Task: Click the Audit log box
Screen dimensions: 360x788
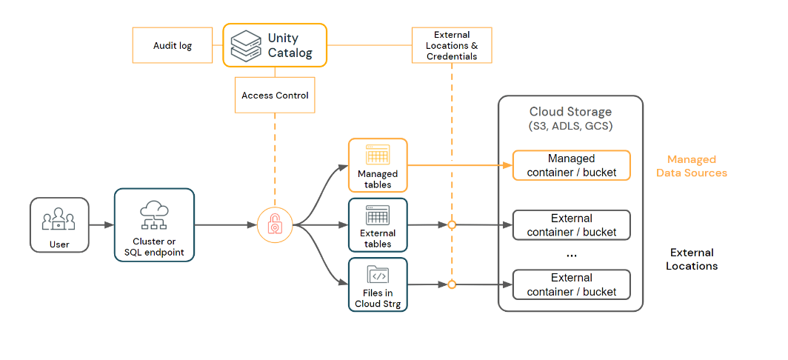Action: click(173, 45)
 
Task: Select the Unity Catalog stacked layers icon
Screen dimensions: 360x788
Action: click(245, 45)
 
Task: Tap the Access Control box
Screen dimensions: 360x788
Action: click(275, 96)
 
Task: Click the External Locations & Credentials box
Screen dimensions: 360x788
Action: click(452, 45)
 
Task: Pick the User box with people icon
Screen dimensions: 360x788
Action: click(59, 224)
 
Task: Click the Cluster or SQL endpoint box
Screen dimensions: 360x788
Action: click(154, 225)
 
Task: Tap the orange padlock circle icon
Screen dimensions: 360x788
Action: click(275, 224)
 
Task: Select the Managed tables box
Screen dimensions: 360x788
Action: click(378, 165)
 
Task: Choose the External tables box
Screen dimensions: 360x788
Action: click(378, 224)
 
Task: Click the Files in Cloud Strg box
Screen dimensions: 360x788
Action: click(378, 284)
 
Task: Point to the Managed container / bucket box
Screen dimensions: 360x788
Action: click(571, 165)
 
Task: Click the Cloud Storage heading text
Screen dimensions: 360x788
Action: click(570, 112)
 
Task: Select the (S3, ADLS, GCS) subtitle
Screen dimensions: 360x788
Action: click(570, 126)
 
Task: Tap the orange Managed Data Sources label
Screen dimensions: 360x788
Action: click(691, 166)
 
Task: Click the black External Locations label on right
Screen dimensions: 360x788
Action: click(691, 259)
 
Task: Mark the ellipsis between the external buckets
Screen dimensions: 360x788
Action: click(571, 253)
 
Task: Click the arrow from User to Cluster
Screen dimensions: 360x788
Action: click(101, 224)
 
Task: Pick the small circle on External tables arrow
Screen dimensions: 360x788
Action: click(452, 224)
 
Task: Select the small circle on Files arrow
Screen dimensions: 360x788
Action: click(452, 284)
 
